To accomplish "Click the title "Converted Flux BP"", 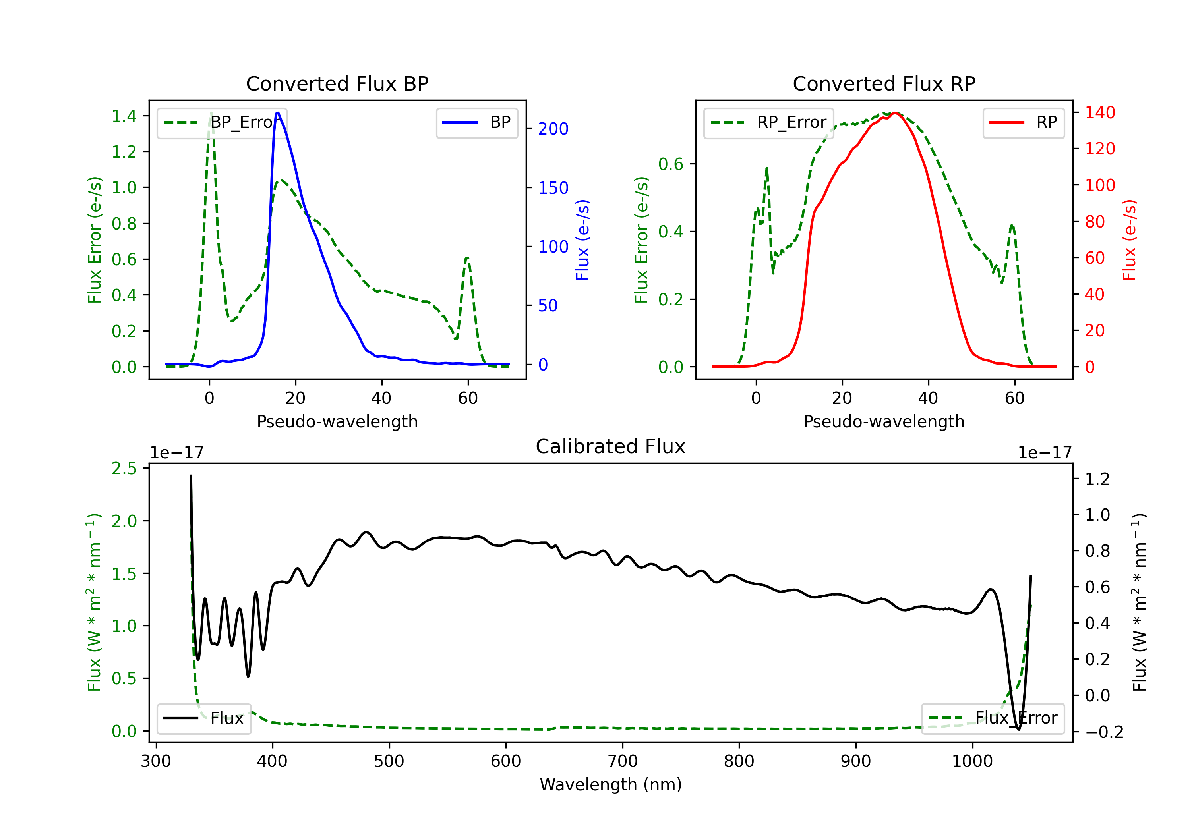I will point(337,83).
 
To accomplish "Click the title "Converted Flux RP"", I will point(884,83).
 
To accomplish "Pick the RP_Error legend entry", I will point(769,122).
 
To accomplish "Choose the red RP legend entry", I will point(1024,122).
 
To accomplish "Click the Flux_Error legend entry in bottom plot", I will point(993,718).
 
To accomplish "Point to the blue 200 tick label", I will point(553,129).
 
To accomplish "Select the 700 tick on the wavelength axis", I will point(623,761).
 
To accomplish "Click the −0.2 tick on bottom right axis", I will point(1104,732).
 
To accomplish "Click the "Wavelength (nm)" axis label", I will point(611,784).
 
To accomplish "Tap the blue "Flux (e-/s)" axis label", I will point(583,240).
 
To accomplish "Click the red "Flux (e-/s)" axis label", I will point(1130,240).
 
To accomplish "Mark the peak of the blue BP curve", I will point(278,113).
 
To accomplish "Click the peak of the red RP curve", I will point(895,113).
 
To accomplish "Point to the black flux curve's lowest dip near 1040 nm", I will point(1019,729).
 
